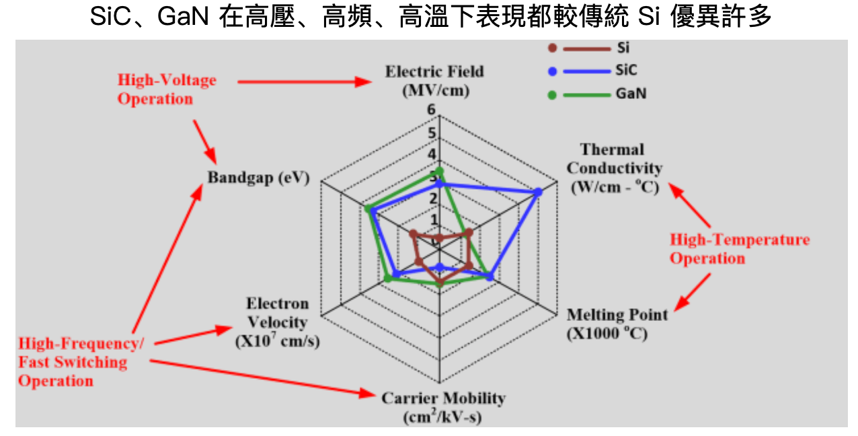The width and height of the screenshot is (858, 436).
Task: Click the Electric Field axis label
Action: click(434, 81)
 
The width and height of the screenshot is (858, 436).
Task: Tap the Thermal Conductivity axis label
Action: click(613, 168)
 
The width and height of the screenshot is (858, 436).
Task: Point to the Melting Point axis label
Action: click(617, 324)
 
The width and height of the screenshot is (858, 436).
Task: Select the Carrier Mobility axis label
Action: click(443, 407)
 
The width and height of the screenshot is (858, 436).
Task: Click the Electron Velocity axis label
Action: click(277, 322)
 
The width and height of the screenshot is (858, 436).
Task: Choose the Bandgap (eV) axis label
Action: click(258, 178)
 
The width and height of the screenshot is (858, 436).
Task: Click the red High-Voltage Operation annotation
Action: click(167, 89)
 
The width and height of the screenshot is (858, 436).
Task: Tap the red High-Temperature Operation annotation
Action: click(740, 249)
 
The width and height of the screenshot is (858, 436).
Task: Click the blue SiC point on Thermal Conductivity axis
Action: click(538, 192)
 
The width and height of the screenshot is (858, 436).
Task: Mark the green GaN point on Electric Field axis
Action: click(440, 171)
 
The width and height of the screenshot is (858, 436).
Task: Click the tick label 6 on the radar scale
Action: click(431, 110)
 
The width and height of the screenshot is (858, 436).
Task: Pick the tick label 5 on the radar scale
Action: click(432, 133)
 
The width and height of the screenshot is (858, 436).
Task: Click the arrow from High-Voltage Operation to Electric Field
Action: click(303, 82)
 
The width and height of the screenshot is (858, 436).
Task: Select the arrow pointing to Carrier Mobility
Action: click(262, 377)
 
